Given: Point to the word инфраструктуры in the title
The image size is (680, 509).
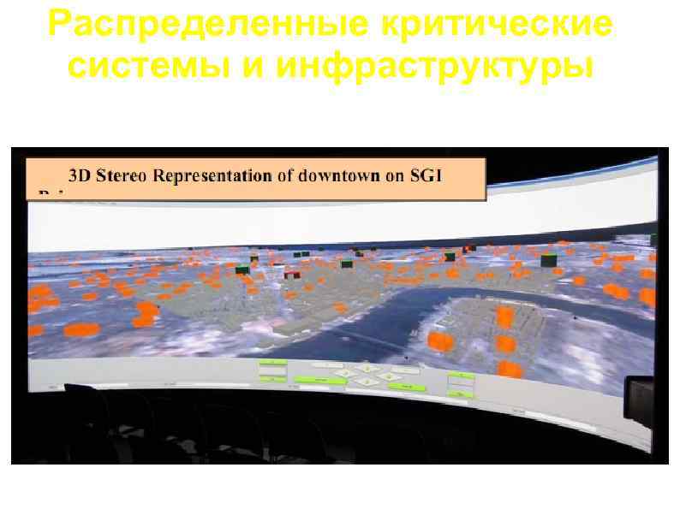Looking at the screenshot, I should click(431, 63).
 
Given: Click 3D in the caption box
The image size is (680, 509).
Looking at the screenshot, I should click(80, 177).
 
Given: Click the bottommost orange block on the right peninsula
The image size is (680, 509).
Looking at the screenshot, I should click(510, 369).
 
